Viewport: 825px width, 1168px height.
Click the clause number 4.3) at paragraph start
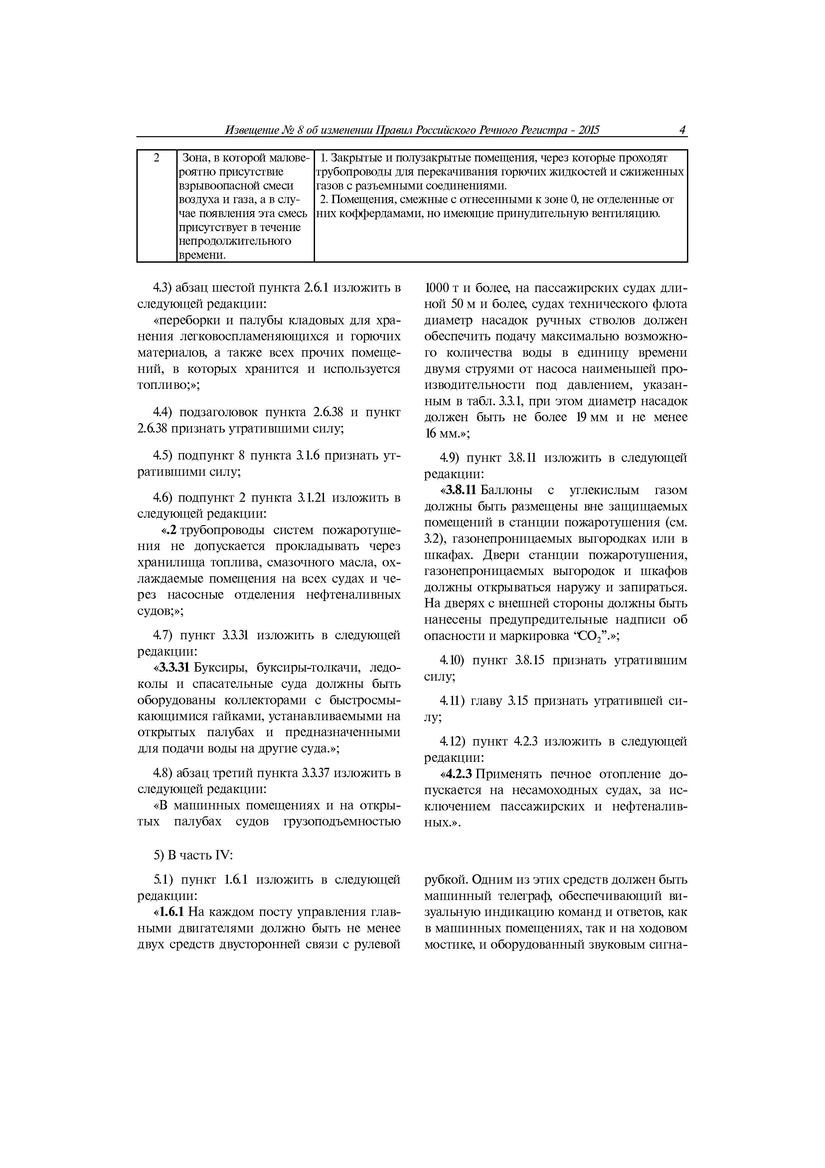coord(163,288)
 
